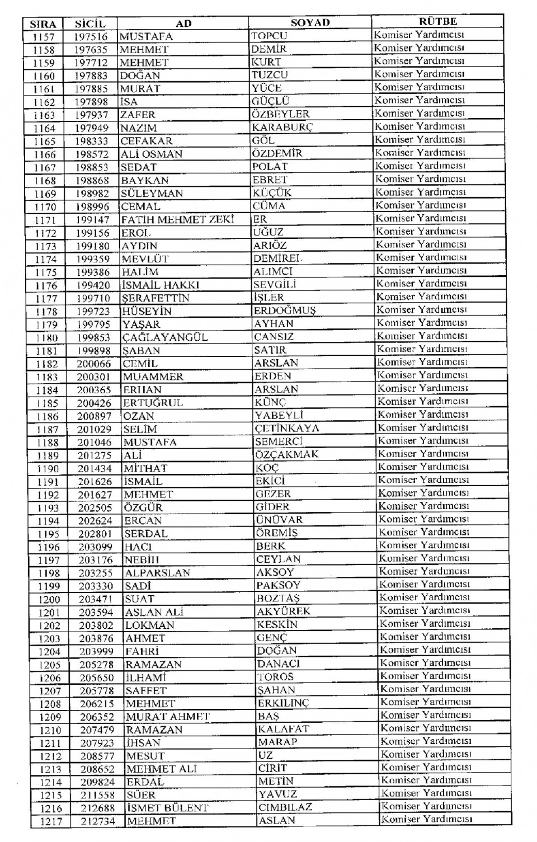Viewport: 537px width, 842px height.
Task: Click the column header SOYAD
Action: pyautogui.click(x=310, y=22)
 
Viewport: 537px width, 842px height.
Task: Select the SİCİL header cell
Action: pyautogui.click(x=90, y=23)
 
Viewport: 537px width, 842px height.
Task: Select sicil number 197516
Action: pyautogui.click(x=91, y=37)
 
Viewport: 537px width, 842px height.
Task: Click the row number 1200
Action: pyautogui.click(x=49, y=599)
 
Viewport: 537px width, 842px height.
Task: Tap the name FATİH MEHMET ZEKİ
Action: pyautogui.click(x=177, y=219)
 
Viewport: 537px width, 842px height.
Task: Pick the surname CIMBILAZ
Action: pyautogui.click(x=285, y=807)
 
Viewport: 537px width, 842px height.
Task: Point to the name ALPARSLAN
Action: pyautogui.click(x=158, y=573)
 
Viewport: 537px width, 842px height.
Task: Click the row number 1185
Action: pyautogui.click(x=48, y=403)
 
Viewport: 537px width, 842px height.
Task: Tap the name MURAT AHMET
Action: pyautogui.click(x=168, y=717)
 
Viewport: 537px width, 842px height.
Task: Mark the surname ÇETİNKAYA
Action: pyautogui.click(x=287, y=428)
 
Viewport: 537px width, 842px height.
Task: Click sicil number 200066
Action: pyautogui.click(x=94, y=364)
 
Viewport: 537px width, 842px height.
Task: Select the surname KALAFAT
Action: pyautogui.click(x=283, y=729)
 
